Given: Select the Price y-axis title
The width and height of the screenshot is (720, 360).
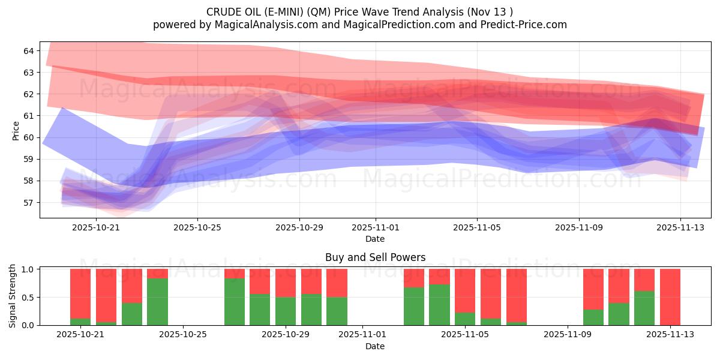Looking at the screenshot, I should (16, 130).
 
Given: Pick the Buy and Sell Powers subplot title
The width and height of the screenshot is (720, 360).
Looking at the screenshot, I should (375, 257).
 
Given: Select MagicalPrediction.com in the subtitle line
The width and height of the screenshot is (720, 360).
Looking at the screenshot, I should (398, 25).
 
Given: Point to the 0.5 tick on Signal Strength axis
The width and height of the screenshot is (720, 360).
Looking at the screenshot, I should (28, 298).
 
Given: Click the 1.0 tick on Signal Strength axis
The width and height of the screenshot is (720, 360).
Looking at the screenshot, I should (28, 269).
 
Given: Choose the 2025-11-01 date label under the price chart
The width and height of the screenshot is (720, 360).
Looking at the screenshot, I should (376, 228).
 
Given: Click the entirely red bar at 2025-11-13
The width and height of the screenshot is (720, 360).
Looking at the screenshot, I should (670, 297).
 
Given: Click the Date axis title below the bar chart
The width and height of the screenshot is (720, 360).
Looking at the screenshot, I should (375, 346).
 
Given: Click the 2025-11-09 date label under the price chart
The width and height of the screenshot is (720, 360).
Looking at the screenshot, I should (578, 228).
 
